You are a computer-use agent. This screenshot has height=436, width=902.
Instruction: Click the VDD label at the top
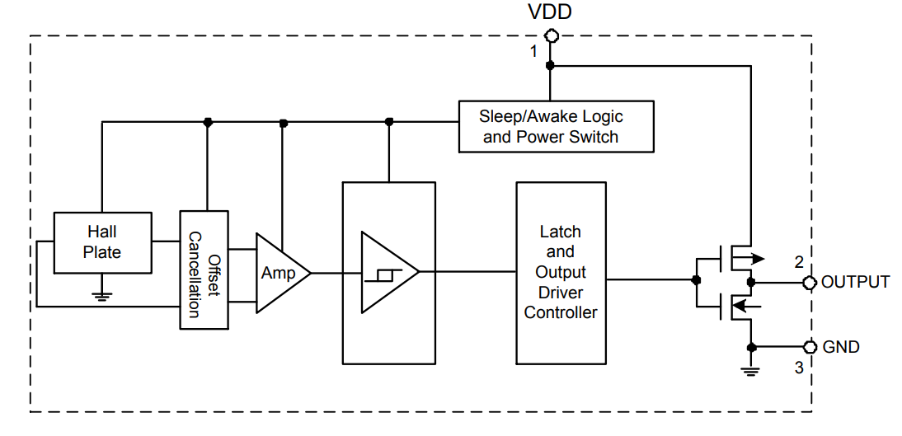click(x=549, y=12)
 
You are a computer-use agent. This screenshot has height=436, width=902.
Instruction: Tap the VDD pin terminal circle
click(x=550, y=35)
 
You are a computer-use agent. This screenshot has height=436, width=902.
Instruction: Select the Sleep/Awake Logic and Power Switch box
click(x=556, y=127)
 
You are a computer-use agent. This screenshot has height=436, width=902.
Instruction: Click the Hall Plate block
click(x=102, y=242)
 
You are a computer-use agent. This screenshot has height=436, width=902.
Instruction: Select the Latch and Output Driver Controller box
click(x=561, y=272)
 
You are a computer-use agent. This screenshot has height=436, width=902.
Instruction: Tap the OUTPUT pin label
click(x=856, y=282)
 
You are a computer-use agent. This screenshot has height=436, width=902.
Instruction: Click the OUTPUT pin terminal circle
click(x=810, y=283)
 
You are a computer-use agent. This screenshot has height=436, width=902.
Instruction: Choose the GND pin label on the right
click(x=841, y=347)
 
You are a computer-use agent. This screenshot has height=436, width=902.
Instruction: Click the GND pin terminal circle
click(x=810, y=346)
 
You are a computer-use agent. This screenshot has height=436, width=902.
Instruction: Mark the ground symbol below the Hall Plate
click(x=101, y=294)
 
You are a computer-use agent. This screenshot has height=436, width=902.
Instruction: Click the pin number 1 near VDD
click(x=533, y=52)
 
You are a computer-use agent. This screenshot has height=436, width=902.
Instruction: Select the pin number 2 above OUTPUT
click(x=798, y=263)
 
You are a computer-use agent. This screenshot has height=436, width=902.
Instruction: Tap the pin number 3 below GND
click(x=798, y=368)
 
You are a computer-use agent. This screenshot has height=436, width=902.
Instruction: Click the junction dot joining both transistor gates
click(x=697, y=280)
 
